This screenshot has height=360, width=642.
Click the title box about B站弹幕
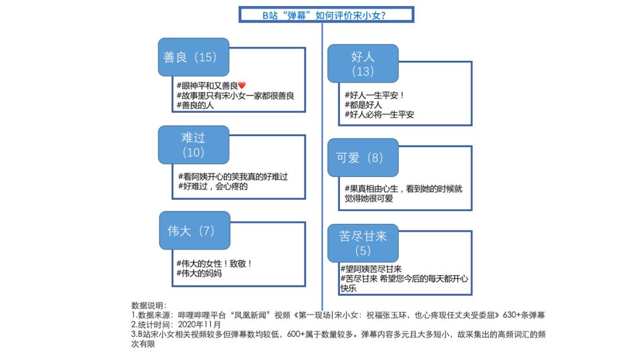tap(326, 15)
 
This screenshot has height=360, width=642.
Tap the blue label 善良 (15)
tap(193, 57)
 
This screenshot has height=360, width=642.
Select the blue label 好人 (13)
tap(363, 64)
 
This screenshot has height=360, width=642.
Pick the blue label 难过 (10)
tap(193, 145)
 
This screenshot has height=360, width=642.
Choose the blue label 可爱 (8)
tap(363, 157)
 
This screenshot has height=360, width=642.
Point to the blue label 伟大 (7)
tap(194, 230)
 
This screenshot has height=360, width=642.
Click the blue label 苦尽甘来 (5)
tap(363, 243)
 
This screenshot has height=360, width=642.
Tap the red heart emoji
tap(242, 85)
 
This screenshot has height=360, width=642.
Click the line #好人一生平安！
tap(374, 95)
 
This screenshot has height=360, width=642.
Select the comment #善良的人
tap(195, 105)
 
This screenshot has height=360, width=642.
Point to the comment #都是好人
tap(363, 105)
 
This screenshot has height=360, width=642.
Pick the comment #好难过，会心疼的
tap(213, 186)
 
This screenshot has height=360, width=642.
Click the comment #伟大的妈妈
tap(199, 273)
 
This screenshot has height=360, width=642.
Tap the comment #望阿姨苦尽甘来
tap(371, 269)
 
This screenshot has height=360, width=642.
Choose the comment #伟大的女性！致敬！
tap(214, 263)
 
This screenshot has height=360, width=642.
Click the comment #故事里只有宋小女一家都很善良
tap(235, 95)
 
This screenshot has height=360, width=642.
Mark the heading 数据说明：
tap(149, 305)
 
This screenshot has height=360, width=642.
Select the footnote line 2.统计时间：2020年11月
tap(176, 324)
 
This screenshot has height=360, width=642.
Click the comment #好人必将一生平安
tap(379, 114)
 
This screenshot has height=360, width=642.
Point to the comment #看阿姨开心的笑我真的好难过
tap(233, 176)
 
